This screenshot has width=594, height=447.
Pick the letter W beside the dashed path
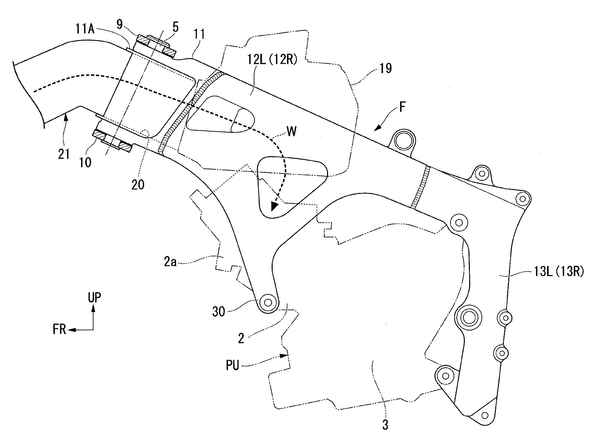[x=291, y=132]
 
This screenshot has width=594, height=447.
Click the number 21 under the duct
[x=64, y=154]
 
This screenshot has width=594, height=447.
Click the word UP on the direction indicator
[x=95, y=297]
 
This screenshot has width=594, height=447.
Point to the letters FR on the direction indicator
[x=59, y=330]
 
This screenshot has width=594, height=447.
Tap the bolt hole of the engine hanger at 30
[x=268, y=302]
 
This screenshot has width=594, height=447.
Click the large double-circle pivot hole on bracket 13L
[x=469, y=317]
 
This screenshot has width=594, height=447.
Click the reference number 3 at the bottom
[x=385, y=425]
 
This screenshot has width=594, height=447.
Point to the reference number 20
[x=137, y=185]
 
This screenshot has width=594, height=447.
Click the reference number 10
[x=86, y=163]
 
